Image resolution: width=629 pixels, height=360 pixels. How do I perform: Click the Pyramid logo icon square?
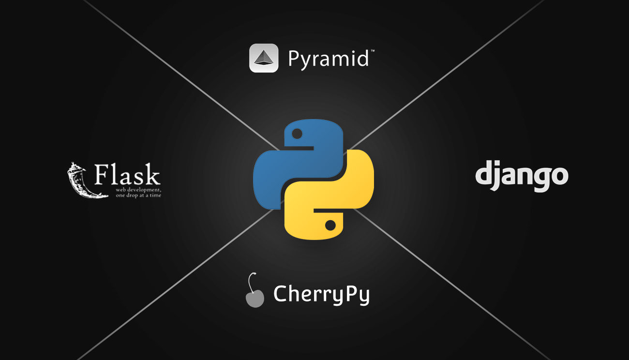click(264, 58)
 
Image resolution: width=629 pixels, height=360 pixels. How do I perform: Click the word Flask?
click(127, 175)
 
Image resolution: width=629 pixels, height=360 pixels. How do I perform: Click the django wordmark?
click(521, 176)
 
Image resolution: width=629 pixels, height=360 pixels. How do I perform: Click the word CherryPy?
click(321, 294)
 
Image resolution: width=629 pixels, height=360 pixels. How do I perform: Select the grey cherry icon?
click(255, 297)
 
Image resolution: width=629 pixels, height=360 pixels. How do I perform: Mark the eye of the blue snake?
click(297, 133)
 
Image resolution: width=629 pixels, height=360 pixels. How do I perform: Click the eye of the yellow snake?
click(330, 225)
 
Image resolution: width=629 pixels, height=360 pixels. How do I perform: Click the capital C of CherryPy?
click(281, 293)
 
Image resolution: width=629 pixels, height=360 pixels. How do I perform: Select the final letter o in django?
click(558, 176)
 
